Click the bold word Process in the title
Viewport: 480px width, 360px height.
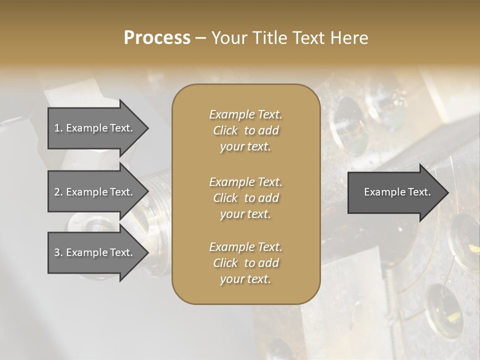click(157, 37)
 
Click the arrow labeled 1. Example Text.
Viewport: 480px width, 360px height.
click(95, 128)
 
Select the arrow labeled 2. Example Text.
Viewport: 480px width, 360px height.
click(95, 192)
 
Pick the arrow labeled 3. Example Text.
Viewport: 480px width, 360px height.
click(95, 252)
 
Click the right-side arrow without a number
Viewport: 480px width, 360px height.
click(395, 192)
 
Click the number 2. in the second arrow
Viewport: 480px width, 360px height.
click(58, 192)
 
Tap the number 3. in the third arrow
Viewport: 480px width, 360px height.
click(58, 252)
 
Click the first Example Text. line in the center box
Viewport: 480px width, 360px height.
click(245, 114)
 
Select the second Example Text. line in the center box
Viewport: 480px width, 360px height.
click(245, 181)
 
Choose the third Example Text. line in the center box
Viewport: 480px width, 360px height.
click(245, 247)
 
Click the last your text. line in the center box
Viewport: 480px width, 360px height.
click(245, 279)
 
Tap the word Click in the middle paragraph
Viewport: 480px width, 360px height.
click(225, 198)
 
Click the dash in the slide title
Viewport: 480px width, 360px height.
click(200, 38)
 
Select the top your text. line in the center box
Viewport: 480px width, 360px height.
click(245, 147)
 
